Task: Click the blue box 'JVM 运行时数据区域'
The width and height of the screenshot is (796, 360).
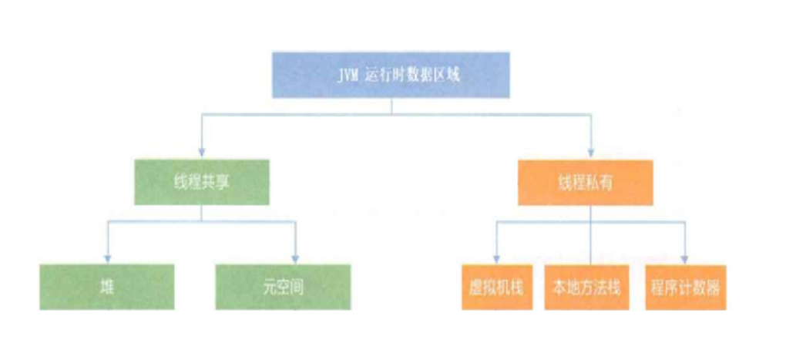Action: click(x=391, y=75)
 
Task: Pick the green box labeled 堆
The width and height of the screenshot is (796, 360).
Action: click(x=106, y=288)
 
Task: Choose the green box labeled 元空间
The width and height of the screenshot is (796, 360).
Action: click(x=283, y=288)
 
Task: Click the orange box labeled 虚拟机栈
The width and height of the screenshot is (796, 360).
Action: click(x=497, y=288)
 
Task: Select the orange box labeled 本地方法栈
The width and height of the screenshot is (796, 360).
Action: click(x=589, y=288)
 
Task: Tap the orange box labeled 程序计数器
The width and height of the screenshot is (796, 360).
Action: click(x=685, y=288)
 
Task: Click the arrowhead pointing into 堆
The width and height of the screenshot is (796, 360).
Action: click(x=107, y=259)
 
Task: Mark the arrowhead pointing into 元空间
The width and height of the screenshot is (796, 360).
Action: click(x=295, y=259)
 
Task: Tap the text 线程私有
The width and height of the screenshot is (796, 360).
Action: click(x=589, y=183)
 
